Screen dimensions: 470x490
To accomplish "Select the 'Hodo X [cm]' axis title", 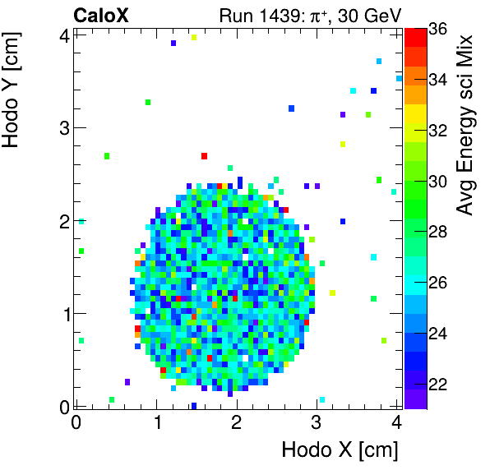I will click(340, 449).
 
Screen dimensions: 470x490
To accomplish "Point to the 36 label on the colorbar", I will click(437, 28).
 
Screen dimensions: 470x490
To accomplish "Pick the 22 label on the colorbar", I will click(437, 385).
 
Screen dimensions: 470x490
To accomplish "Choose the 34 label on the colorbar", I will click(437, 79).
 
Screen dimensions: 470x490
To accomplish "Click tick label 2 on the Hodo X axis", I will click(236, 422).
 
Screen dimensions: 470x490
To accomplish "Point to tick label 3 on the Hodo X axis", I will click(316, 422).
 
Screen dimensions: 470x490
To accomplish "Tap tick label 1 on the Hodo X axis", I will click(156, 422).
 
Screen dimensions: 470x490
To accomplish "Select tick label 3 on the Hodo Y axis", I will click(62, 127).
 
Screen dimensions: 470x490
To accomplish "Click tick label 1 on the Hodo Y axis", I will click(62, 314).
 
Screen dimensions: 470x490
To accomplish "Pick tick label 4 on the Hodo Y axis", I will click(62, 35).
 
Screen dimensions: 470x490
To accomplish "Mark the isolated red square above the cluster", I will click(204, 155).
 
